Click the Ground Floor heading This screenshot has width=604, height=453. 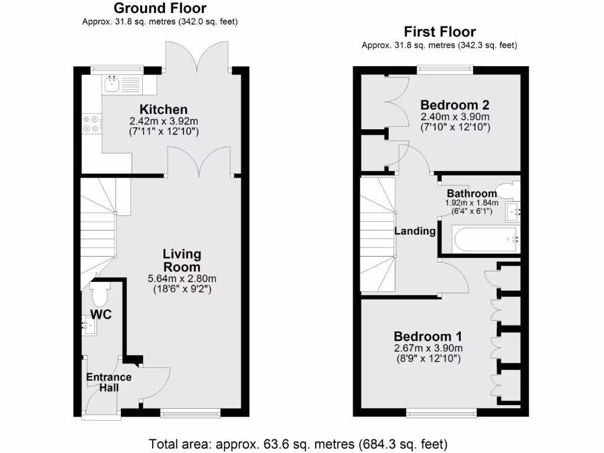160,8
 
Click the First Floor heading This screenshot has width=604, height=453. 439,32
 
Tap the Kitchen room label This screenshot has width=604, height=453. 163,109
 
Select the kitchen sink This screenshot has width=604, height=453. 111,84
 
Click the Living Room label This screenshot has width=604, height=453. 182,260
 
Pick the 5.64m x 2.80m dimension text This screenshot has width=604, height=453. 182,278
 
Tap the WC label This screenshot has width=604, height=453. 101,314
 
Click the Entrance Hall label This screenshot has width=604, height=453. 109,382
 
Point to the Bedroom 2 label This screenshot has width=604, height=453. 454,105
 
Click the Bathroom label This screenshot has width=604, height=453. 471,193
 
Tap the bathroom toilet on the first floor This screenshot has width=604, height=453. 506,190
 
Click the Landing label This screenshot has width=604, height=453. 415,231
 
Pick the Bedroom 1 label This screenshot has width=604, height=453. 428,337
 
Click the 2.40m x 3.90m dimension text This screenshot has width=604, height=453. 454,117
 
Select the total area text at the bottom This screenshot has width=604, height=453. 298,443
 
